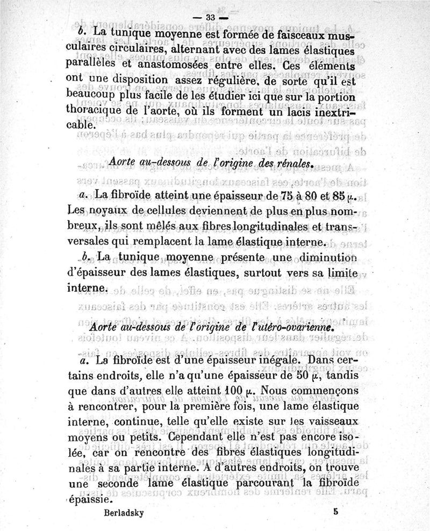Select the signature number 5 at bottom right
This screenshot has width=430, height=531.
(335, 512)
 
